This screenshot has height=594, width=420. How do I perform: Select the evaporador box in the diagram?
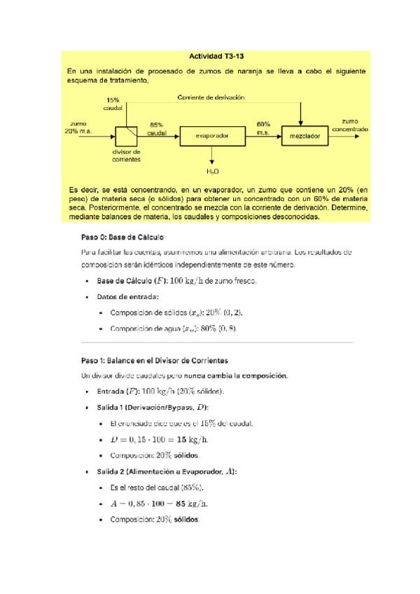pos(213,135)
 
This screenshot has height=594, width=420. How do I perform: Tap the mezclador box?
pos(304,135)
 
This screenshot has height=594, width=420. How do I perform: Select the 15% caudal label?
pos(113,104)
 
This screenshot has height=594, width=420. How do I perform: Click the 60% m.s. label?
pos(263,128)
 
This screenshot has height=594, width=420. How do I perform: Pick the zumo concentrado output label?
pos(350,125)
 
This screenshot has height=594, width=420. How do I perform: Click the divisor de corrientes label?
pos(126,155)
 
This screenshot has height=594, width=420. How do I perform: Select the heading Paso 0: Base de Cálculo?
pos(122,237)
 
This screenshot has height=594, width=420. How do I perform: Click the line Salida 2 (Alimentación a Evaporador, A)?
pos(167,471)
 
